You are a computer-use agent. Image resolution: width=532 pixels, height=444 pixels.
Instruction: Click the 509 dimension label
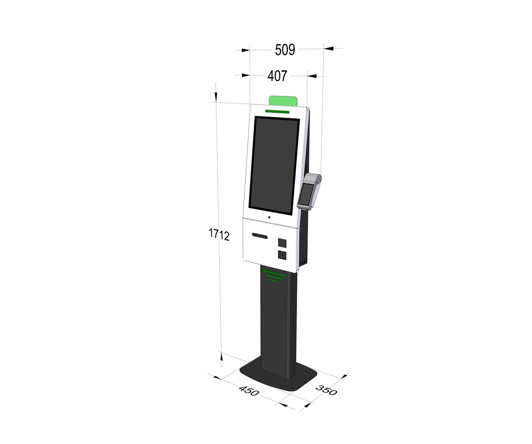click(x=285, y=50)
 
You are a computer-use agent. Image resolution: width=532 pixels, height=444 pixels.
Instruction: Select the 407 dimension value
click(x=277, y=76)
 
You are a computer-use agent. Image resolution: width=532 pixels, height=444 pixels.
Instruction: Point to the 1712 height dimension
click(x=219, y=234)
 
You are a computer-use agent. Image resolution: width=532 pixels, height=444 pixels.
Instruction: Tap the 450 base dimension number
click(x=249, y=391)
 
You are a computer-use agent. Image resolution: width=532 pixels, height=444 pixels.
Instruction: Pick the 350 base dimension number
click(x=326, y=390)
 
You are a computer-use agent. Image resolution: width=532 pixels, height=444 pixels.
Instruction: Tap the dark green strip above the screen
click(x=277, y=111)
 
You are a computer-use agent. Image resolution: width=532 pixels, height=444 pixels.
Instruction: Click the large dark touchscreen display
click(x=274, y=166)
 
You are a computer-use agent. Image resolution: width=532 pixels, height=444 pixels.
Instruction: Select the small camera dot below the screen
click(x=269, y=218)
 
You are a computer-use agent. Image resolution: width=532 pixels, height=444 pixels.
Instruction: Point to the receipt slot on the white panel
click(x=260, y=235)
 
